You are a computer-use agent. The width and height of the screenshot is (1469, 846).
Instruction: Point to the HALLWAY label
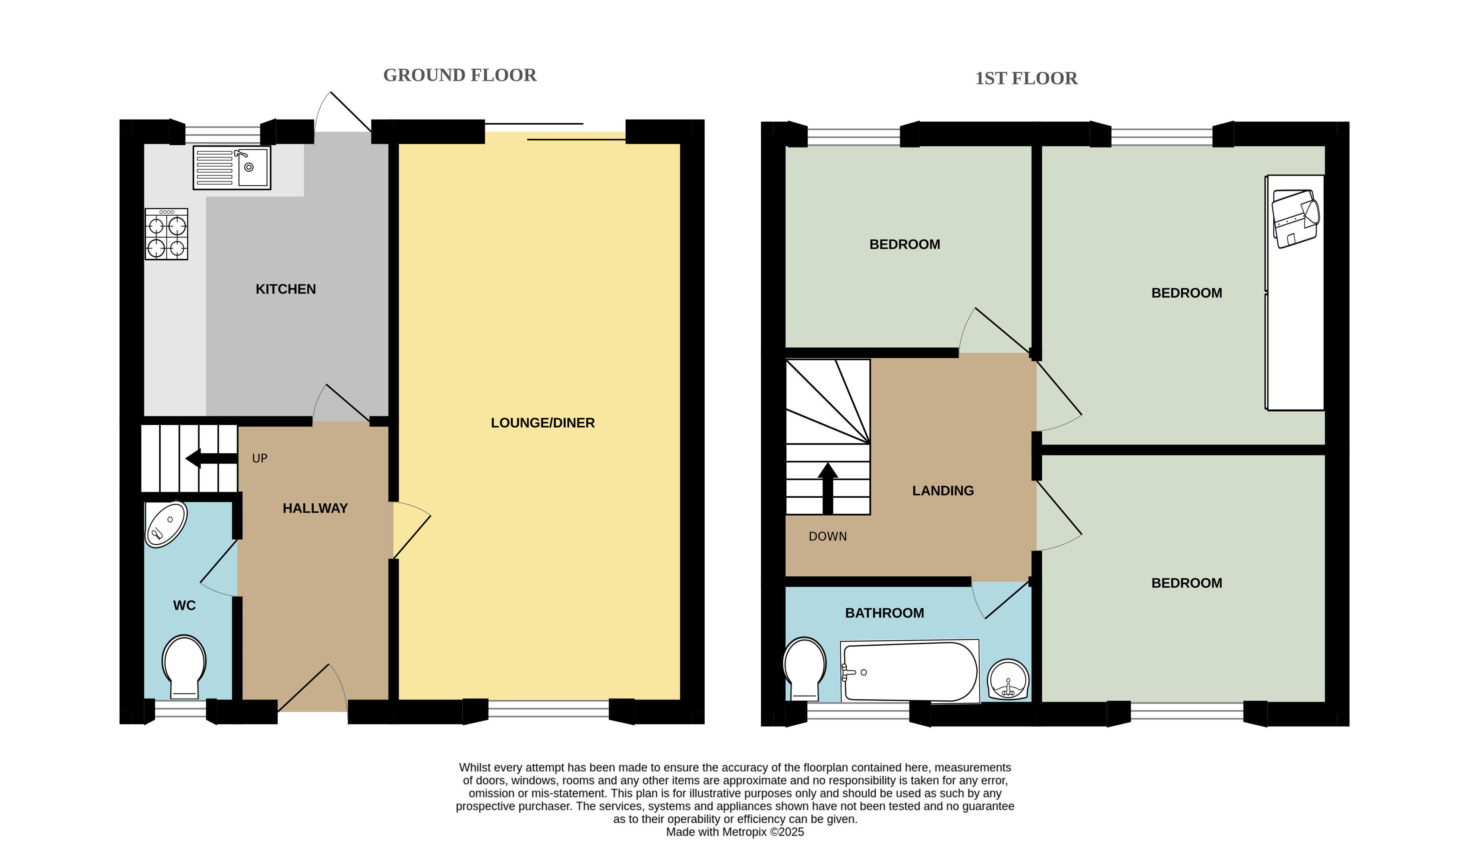pos(315,508)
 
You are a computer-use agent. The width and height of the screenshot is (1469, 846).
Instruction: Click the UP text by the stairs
pos(260,459)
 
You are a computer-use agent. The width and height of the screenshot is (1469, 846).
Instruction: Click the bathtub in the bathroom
pos(910,672)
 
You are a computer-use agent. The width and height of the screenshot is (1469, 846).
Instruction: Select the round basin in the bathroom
pos(1008,679)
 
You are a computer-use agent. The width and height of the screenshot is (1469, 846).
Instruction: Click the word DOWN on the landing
pos(827,537)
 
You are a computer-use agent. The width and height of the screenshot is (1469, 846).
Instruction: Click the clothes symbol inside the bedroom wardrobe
pos(1295,218)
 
